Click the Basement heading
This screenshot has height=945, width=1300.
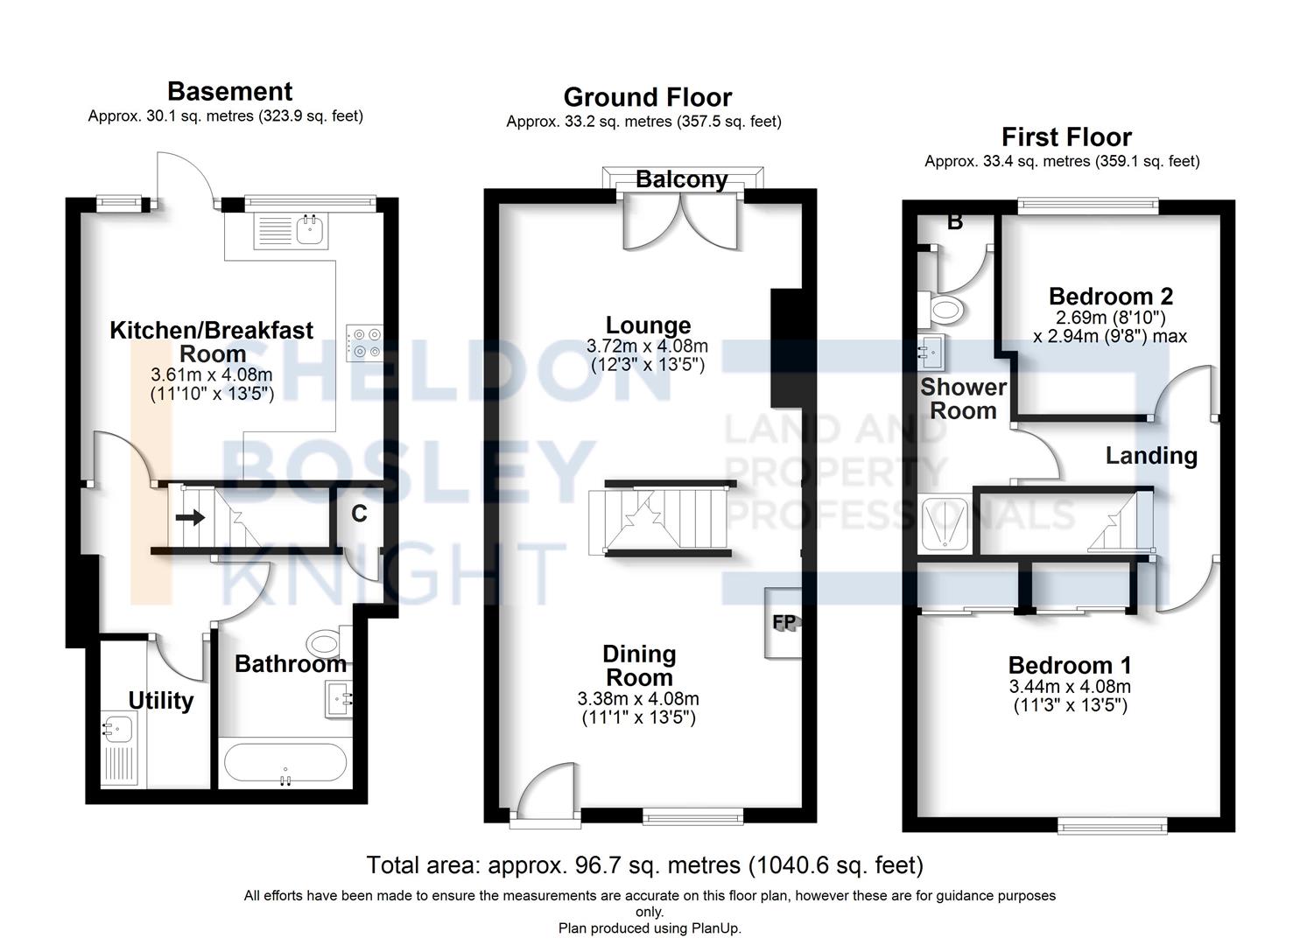point(230,92)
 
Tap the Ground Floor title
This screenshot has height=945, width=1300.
point(648,97)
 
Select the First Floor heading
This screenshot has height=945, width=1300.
point(1066,137)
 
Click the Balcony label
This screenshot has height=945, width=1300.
point(682,179)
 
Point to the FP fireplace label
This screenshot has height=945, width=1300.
point(784,622)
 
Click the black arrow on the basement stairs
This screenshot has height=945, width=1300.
point(190,516)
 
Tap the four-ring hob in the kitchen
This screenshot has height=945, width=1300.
point(365,343)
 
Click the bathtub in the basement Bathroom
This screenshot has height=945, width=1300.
point(285,763)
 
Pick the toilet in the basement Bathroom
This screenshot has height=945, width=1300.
point(328,641)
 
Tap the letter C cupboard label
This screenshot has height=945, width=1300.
point(359,514)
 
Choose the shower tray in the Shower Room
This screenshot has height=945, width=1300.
point(945,523)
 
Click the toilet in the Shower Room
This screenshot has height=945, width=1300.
point(941,309)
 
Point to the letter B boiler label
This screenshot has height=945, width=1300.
point(955,222)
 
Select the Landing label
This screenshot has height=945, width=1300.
point(1151,456)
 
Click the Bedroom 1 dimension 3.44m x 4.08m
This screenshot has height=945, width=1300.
point(1070,687)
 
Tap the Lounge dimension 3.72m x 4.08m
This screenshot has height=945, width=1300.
point(647,346)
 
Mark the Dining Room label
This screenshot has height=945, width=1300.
point(639,666)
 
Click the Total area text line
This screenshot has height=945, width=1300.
point(645,865)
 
